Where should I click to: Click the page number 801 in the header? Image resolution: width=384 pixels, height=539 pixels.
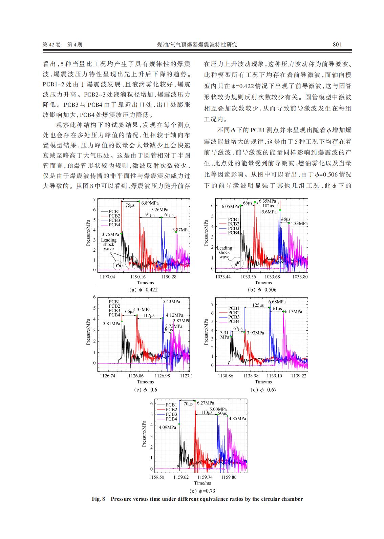point(337,44)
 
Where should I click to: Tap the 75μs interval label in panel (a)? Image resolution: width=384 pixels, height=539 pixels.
point(130,205)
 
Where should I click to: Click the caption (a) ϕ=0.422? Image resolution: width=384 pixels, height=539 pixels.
point(144,290)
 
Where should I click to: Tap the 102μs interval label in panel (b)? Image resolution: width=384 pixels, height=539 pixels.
point(268,206)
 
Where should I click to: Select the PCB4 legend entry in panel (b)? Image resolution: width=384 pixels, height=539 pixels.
point(233,233)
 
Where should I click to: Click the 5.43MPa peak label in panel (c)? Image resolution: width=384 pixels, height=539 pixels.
point(171,302)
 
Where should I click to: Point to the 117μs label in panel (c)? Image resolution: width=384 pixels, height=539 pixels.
point(149,315)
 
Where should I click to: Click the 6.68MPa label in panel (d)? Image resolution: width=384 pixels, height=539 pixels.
point(277,302)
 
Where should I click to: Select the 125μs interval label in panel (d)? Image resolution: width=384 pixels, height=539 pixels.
point(258,305)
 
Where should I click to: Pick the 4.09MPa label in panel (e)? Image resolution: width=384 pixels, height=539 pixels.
point(167,427)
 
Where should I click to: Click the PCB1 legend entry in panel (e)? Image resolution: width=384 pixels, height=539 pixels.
point(171,405)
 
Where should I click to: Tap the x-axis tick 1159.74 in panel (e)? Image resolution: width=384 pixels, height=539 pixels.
point(205,477)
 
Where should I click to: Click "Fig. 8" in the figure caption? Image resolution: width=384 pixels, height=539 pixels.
point(99,499)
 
